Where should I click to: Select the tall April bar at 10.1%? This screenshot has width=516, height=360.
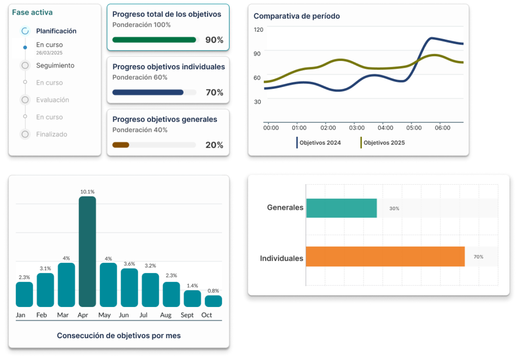[87, 251]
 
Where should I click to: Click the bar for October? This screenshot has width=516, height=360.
[213, 301]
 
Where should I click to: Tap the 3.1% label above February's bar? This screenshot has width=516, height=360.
[45, 268]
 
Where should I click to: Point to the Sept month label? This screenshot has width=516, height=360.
[187, 315]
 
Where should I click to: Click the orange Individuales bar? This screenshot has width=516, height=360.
[385, 257]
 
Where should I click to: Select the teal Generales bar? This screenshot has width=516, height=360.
[341, 208]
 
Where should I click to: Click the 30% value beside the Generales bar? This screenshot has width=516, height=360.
[394, 209]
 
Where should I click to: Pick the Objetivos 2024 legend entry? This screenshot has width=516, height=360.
[320, 143]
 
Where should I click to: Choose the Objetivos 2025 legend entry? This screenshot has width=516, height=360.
[384, 143]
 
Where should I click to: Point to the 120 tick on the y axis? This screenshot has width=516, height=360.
[258, 29]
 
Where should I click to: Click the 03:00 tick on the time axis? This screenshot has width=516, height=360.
[357, 128]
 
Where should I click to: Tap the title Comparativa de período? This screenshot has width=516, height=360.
[297, 16]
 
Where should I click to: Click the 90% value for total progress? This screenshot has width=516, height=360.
[214, 40]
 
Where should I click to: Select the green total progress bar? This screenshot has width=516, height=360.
[154, 40]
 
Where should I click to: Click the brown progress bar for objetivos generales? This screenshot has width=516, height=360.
[121, 145]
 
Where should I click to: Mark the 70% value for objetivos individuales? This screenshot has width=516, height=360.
[214, 93]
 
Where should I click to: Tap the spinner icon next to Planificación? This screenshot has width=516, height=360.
[25, 31]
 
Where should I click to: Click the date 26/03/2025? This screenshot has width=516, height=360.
[49, 53]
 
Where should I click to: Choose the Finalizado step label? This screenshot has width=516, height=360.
[52, 134]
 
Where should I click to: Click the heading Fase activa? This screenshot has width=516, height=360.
[32, 12]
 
